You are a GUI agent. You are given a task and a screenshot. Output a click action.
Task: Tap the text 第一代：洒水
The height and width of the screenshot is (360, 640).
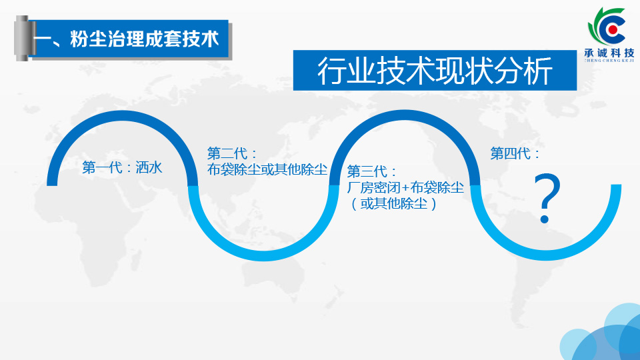(122, 167)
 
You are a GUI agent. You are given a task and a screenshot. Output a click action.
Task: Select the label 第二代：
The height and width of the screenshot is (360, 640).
(232, 154)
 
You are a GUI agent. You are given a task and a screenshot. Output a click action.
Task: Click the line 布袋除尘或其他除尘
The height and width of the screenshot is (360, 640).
(267, 169)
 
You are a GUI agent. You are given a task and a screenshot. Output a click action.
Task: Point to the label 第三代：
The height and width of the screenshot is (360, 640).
(372, 171)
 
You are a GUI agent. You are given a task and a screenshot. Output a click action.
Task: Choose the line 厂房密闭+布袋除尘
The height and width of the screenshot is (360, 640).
(406, 187)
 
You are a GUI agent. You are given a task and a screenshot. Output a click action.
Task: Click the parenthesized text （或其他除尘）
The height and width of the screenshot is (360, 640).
(393, 203)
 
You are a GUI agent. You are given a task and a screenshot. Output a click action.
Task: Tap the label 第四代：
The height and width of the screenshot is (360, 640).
(515, 154)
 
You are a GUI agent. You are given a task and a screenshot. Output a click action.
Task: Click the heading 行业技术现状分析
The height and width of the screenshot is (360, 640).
(435, 71)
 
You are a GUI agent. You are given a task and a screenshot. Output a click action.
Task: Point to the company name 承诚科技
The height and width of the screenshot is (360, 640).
(609, 53)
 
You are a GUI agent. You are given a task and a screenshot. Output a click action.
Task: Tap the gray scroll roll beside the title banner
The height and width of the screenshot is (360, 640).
(22, 39)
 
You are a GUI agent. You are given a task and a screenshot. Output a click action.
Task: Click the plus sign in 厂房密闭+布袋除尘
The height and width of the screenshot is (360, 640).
(405, 188)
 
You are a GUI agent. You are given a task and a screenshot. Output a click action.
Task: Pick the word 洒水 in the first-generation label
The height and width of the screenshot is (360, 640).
(149, 167)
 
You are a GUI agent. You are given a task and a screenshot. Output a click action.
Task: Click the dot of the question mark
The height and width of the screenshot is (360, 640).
(545, 219)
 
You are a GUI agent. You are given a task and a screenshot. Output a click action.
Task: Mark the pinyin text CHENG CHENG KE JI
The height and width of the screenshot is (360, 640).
(609, 61)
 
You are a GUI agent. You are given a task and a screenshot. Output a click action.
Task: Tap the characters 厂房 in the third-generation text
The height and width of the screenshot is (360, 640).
(361, 187)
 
